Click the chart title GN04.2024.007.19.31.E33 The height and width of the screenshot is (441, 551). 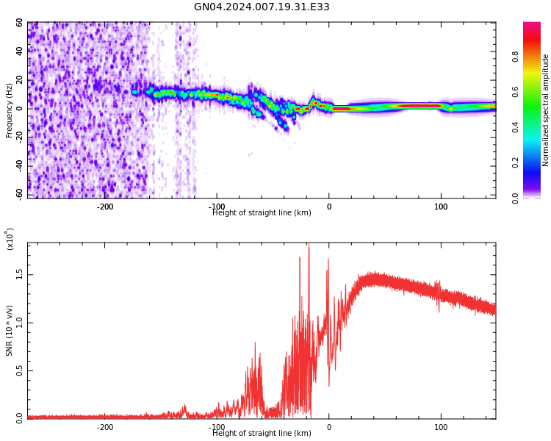pos(262,7)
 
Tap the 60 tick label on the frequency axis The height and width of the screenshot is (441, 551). pos(19,23)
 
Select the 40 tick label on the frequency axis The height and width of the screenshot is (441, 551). pos(19,51)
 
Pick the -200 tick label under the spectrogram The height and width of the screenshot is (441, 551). pos(105,207)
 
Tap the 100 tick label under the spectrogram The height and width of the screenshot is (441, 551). pos(441,207)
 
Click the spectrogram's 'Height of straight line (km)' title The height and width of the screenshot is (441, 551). pos(262,213)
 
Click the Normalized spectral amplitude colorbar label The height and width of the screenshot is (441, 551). pos(546,110)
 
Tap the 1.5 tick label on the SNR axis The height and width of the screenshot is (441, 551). pos(19,274)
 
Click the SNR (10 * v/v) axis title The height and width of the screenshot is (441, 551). pos(10,331)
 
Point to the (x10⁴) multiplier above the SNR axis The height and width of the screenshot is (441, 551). pos(10,239)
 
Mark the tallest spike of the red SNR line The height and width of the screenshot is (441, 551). pos(309,245)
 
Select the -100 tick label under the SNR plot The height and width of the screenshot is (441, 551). pos(217,427)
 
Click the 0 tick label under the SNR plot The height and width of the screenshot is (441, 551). pos(329,427)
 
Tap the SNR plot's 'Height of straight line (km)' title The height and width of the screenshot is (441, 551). pos(262,434)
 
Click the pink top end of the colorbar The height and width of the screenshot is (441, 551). pos(532,26)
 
